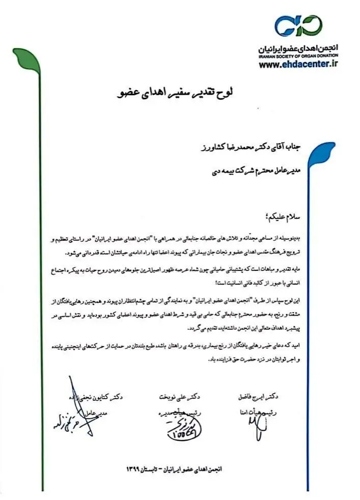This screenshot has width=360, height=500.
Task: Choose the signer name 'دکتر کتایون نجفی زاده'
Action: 96,396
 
